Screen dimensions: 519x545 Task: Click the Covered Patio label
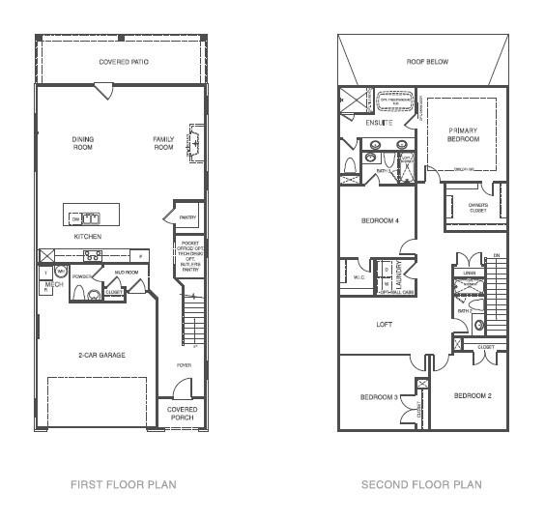coord(124,62)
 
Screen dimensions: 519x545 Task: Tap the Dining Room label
coord(83,143)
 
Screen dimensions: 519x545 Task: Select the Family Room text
coord(163,143)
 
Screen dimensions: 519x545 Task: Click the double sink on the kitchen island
coord(90,217)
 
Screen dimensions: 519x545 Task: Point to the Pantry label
coord(187,217)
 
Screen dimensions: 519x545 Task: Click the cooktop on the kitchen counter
coord(94,255)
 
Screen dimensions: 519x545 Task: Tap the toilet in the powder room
coord(94,294)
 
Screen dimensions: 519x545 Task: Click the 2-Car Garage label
coord(101,355)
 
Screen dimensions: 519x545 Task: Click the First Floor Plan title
coord(123,484)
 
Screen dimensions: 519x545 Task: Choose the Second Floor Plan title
coord(420,484)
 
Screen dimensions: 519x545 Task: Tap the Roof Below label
coord(426,62)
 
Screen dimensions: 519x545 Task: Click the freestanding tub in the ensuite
coord(393,99)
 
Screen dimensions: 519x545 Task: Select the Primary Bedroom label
coord(463,134)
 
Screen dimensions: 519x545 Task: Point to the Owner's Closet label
coord(471,206)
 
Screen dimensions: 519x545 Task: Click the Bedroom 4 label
coord(380,220)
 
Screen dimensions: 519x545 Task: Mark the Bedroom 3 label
coord(380,397)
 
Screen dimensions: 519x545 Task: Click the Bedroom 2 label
coord(473,396)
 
